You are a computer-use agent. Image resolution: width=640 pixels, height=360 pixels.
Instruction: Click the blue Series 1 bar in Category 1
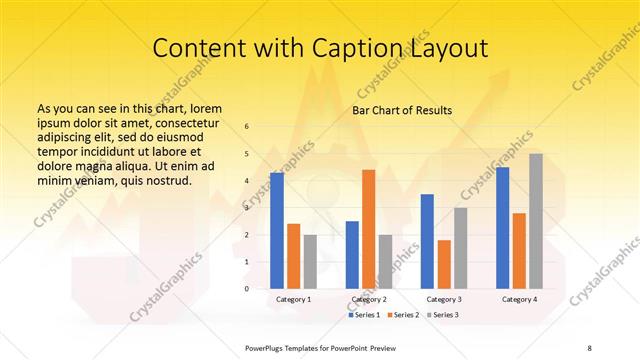coord(277,230)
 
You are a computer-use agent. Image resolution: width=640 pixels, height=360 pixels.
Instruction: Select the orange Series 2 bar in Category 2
coord(369,229)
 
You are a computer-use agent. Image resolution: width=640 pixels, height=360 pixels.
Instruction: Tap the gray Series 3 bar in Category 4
coord(536,221)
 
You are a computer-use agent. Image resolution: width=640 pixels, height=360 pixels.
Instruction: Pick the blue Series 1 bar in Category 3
coord(427,241)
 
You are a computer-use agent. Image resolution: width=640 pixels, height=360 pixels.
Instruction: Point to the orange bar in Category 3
coord(444,264)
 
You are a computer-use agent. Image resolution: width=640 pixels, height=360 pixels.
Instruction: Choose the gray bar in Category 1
coord(310,261)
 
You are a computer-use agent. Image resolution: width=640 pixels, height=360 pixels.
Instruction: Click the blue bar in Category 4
coord(502,228)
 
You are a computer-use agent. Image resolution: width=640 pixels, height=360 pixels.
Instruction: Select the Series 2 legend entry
coord(403,315)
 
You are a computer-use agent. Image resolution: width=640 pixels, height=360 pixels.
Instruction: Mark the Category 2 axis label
coord(369,299)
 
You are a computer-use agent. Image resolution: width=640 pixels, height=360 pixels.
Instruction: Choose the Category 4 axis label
coord(519,299)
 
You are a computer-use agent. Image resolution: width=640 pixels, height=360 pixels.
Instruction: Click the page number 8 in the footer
coord(589,347)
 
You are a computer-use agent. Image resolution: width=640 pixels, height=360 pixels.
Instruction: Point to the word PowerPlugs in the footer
coord(269,347)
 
